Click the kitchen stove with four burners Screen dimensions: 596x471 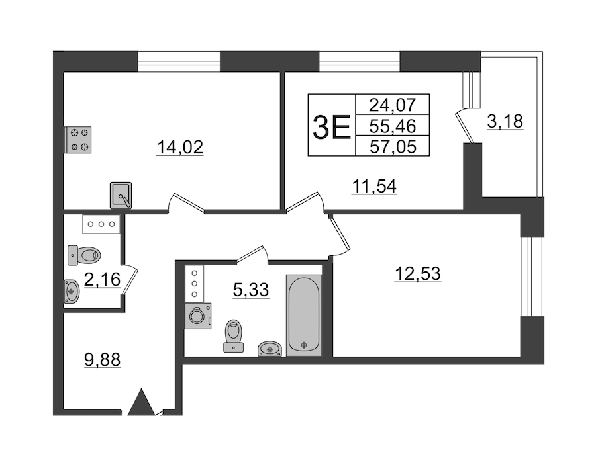pos(78,140)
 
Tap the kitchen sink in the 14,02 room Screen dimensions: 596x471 pos(121,195)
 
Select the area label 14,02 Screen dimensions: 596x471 pos(180,148)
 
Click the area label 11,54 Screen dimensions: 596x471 pos(374,186)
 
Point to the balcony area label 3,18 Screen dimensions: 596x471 pos(505,122)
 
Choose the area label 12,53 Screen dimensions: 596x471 pos(418,273)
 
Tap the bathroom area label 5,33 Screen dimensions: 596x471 pos(251,290)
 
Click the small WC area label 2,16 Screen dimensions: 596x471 pos(102,280)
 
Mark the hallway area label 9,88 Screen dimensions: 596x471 pos(102,359)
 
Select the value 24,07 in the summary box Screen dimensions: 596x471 pos(393,105)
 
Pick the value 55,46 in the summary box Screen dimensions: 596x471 pos(393,126)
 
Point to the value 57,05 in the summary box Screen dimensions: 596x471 pos(393,146)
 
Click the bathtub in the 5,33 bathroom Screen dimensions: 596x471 pos(304,316)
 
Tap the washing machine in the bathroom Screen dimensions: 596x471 pos(197,316)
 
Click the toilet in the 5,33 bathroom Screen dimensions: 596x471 pos(233,336)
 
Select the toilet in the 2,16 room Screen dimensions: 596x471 pos(84,255)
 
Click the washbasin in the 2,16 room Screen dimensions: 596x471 pos(72,292)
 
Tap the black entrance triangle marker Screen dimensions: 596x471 pos(142,402)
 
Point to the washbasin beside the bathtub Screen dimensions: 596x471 pos(270,349)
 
